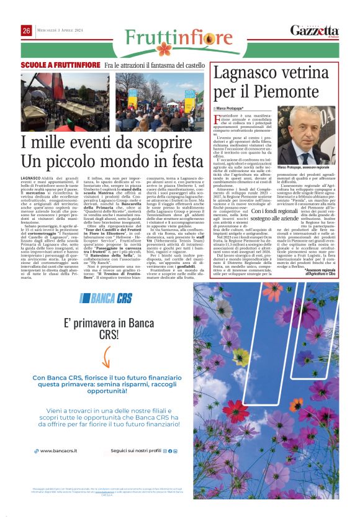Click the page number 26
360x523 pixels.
click(27, 30)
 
